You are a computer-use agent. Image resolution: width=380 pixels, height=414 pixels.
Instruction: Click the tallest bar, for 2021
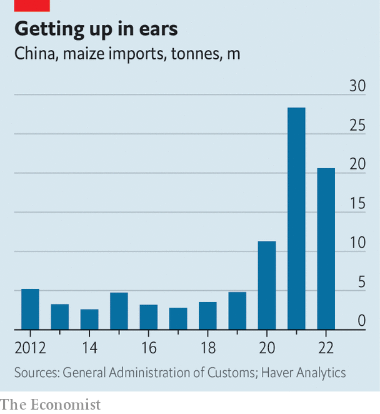296,219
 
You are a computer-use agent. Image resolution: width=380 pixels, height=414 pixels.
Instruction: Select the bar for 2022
326,249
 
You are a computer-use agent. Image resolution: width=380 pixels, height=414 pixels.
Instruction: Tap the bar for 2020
267,285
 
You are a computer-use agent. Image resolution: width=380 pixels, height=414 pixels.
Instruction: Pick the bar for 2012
31,309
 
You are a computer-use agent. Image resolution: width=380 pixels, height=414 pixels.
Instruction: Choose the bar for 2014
89,319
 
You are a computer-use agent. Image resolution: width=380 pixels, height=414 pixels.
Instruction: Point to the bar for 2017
178,318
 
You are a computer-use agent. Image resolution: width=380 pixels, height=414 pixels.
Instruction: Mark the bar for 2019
237,310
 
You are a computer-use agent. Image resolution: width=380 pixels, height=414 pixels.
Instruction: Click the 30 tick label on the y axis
357,86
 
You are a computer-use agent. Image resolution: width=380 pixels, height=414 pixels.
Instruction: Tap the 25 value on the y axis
357,125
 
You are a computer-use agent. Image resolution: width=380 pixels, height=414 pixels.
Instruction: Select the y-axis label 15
357,203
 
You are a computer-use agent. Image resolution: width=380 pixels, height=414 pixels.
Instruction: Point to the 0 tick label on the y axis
361,321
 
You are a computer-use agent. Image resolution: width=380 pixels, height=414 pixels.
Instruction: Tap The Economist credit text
51,405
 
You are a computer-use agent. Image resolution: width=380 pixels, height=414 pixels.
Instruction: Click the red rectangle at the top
32,5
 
